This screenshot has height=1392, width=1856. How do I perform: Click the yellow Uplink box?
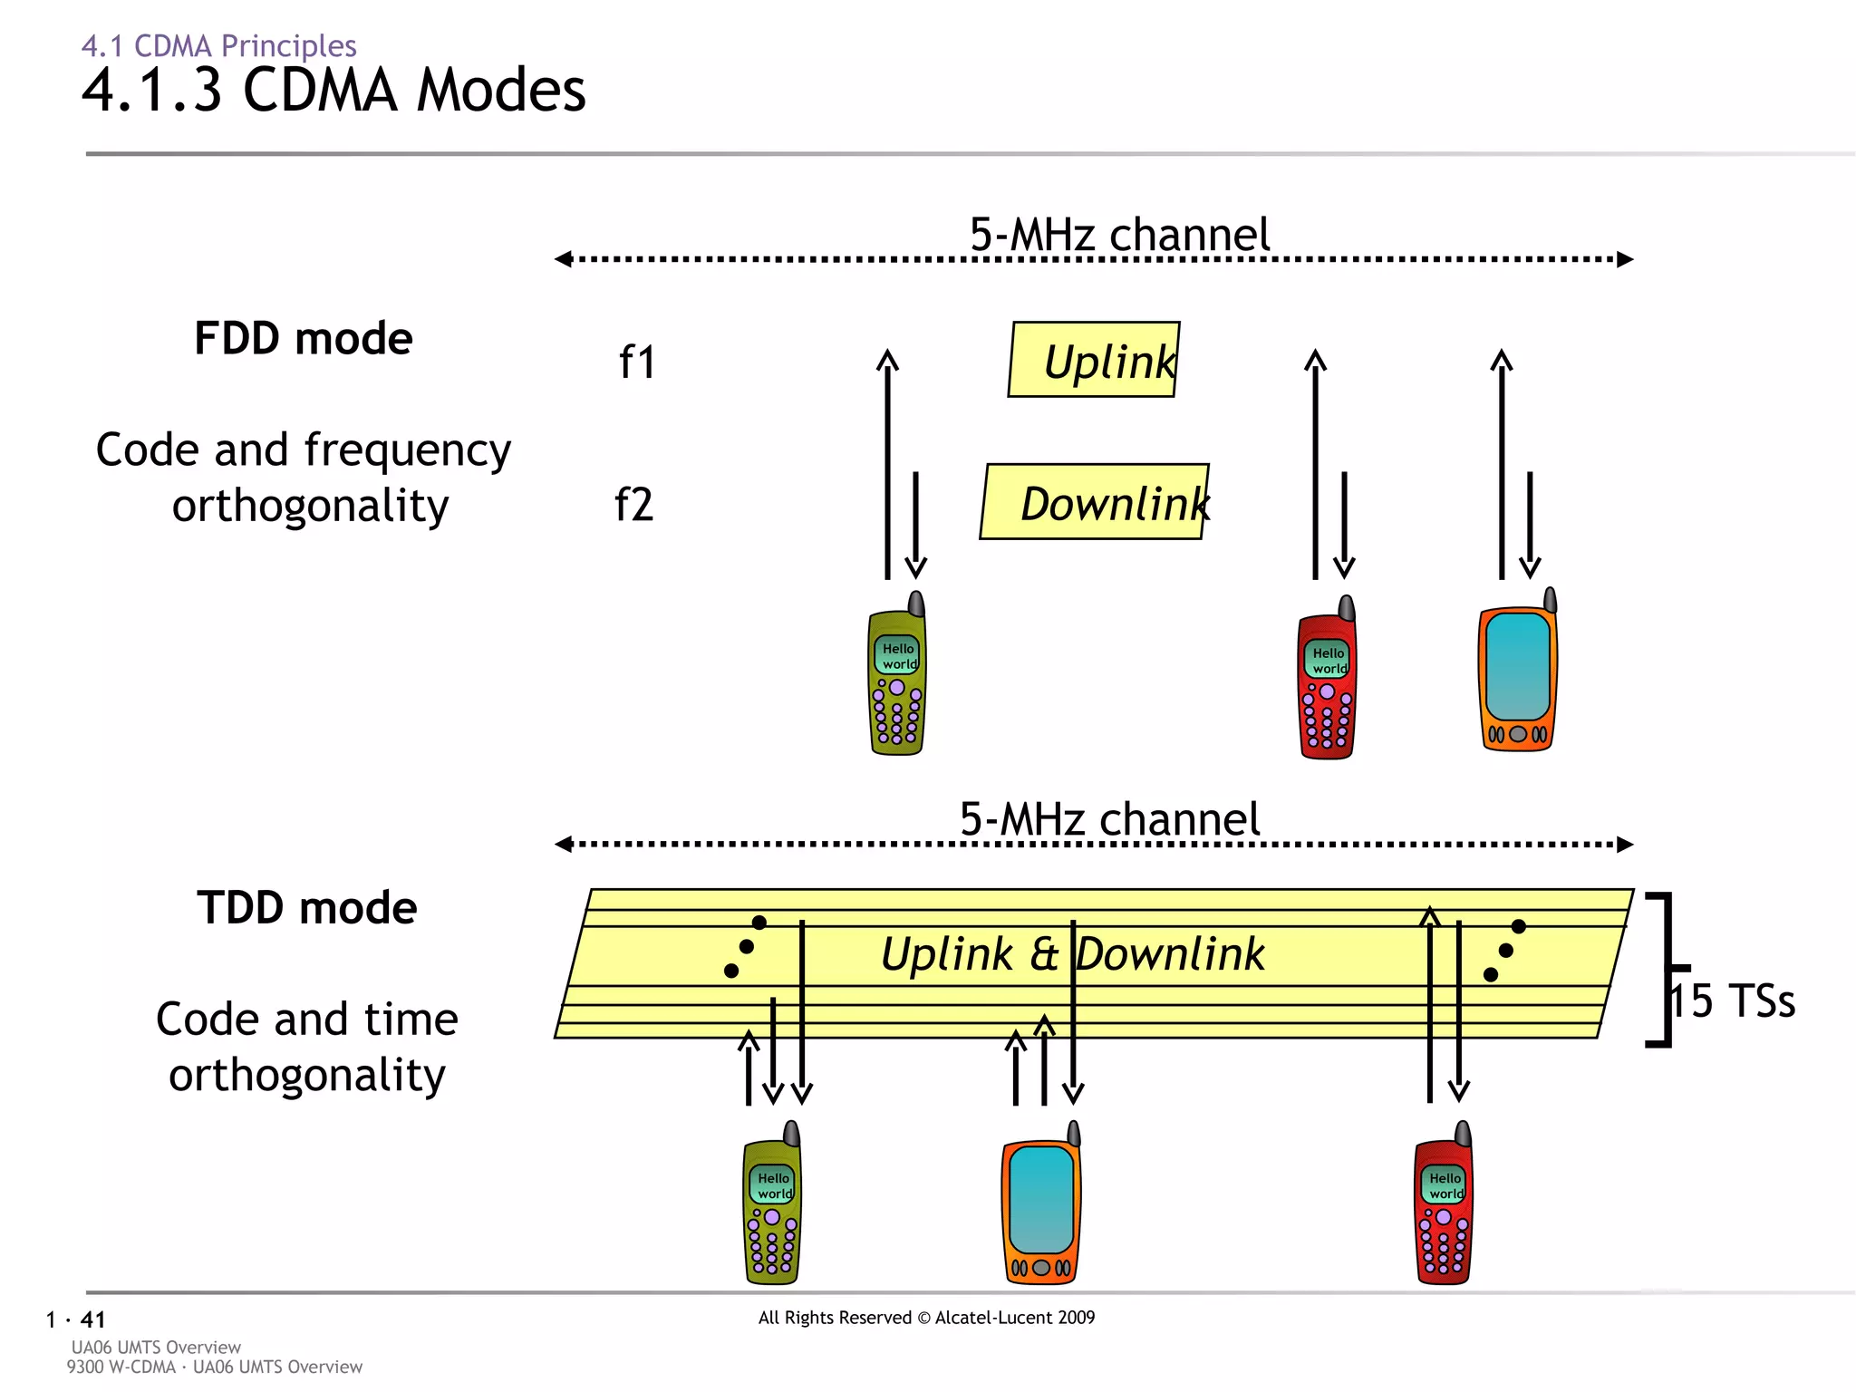(x=1094, y=360)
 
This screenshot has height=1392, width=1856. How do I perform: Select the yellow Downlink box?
(x=1094, y=502)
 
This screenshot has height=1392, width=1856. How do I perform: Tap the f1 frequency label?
(x=636, y=362)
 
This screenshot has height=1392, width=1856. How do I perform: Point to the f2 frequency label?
(x=633, y=505)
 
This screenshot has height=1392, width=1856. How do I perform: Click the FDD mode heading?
(x=304, y=339)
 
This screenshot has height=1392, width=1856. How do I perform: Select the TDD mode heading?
(x=306, y=908)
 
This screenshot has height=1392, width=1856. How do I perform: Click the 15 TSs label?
(x=1733, y=1001)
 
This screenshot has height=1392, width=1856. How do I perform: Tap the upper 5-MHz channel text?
(x=1119, y=235)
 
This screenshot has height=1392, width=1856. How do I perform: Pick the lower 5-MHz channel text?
(x=1109, y=819)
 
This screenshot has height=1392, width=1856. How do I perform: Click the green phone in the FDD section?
(x=897, y=678)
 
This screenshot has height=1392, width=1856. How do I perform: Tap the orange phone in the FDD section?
(x=1518, y=675)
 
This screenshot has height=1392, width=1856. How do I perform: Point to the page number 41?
(x=92, y=1319)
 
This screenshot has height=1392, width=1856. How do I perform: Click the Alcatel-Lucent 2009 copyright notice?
(x=926, y=1318)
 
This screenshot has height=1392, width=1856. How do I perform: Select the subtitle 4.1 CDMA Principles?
(x=218, y=45)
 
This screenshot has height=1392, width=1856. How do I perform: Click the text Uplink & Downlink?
(x=1072, y=954)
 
